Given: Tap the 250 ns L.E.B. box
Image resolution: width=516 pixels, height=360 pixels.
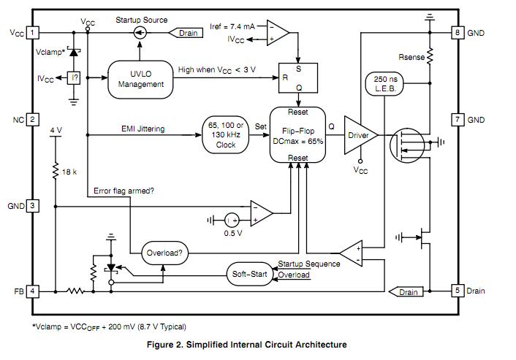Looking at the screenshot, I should click(x=385, y=83).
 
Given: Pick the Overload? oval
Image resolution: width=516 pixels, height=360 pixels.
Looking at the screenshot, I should click(x=164, y=253).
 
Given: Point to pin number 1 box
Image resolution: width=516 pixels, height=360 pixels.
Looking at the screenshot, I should click(x=33, y=33).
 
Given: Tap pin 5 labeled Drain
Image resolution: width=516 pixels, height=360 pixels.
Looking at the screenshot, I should click(x=458, y=291).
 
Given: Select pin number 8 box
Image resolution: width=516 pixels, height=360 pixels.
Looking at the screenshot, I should click(x=458, y=33).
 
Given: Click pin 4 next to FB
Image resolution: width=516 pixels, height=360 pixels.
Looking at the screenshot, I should click(x=33, y=291).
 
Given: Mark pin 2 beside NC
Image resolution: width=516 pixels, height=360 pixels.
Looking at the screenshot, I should click(x=33, y=119).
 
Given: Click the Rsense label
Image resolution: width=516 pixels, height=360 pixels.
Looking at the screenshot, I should click(x=411, y=56).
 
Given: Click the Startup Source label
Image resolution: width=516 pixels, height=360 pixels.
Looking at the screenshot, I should click(x=141, y=20).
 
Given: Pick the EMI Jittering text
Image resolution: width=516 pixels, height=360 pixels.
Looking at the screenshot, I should click(x=143, y=129).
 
